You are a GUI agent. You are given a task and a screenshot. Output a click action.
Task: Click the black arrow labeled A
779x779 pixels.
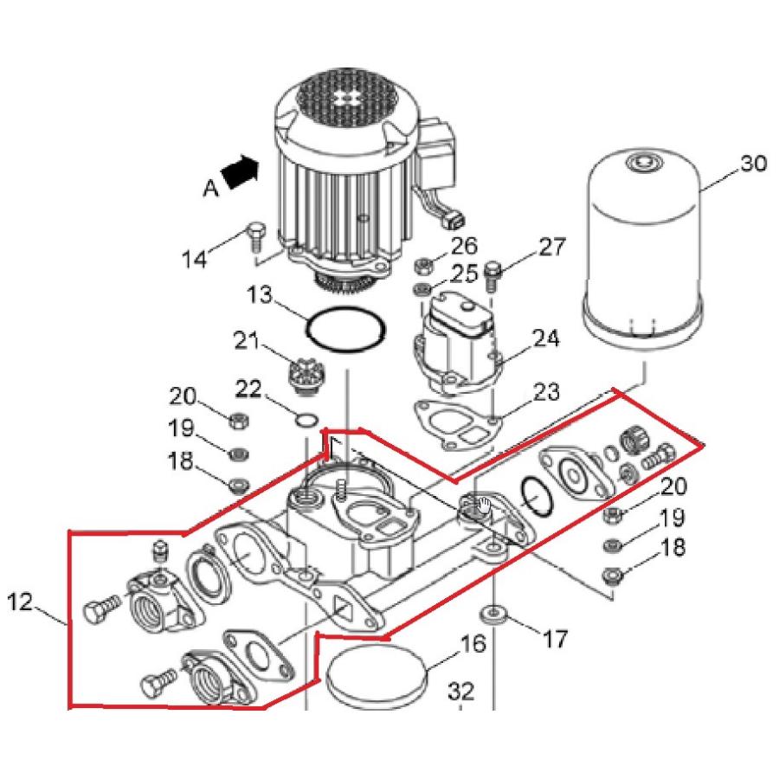[x=241, y=171]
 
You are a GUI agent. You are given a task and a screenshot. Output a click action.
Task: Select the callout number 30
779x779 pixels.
[x=753, y=164]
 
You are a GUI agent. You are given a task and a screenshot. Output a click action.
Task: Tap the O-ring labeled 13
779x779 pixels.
[x=346, y=331]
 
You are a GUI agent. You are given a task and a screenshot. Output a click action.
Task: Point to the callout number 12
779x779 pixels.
[x=20, y=602]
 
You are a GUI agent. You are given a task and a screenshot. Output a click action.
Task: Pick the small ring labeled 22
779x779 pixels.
[x=306, y=420]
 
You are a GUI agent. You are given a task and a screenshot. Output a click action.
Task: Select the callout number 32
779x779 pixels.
[x=461, y=691]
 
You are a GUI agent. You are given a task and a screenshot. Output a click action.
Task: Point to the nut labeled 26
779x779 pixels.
[x=423, y=265]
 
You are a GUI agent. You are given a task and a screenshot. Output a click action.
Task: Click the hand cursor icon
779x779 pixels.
[x=483, y=505]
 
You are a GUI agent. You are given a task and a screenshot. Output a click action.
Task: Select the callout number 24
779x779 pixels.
[x=546, y=338]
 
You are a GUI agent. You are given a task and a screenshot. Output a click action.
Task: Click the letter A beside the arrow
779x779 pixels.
[x=210, y=189]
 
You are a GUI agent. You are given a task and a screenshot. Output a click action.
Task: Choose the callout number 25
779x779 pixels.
[x=464, y=273]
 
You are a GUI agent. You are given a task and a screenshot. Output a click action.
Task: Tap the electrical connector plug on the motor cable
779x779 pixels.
[x=456, y=221]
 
